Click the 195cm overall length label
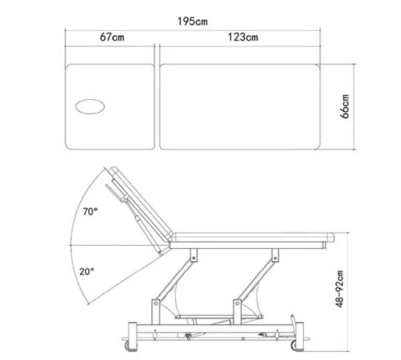pos(192,21)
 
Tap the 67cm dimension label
pos(112,37)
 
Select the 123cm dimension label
pos(243,37)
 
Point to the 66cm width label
pos(344,106)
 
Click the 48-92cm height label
pos(340,289)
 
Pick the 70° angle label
pos(90,212)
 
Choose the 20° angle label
pos(86,271)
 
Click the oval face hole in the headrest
pos(90,107)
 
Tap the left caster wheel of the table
pos(128,346)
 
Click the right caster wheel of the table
pos(294,346)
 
